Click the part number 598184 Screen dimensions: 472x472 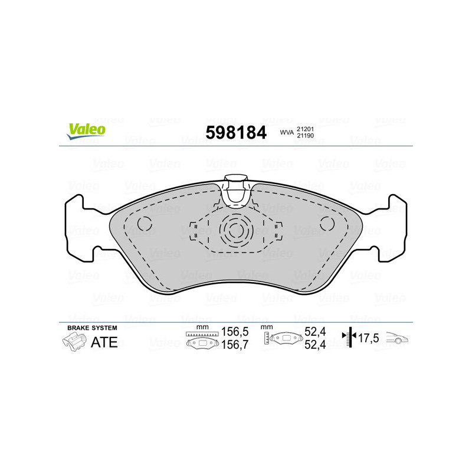235,133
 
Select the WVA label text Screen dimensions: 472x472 286,133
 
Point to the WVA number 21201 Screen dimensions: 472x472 304,129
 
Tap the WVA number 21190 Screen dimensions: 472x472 304,137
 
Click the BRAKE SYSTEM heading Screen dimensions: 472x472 92,327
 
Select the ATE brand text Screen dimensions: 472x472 104,342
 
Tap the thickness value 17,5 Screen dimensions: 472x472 368,338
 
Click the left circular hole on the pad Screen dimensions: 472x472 145,224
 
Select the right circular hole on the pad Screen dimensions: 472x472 327,224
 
